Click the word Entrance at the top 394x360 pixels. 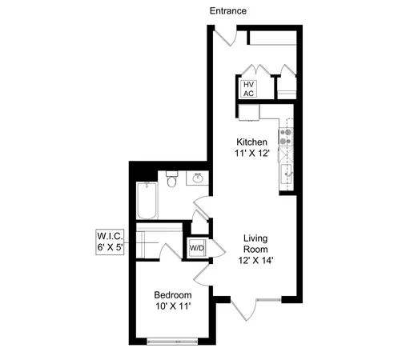(x=227, y=11)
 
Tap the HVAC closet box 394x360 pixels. (x=247, y=88)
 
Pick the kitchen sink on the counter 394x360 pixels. (x=286, y=170)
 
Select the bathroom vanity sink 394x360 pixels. (x=197, y=178)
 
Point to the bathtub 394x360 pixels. (x=146, y=202)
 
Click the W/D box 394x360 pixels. (x=196, y=248)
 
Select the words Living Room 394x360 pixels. (x=255, y=245)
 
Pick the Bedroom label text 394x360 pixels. (x=172, y=292)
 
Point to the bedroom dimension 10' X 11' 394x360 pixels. (x=172, y=305)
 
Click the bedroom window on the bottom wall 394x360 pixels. (x=172, y=342)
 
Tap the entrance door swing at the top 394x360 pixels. (x=227, y=36)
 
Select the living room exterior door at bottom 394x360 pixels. (x=256, y=306)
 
